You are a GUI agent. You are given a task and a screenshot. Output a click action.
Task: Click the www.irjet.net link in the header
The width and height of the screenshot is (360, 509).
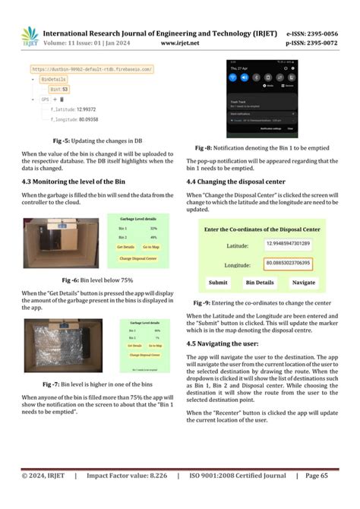[x=180, y=45]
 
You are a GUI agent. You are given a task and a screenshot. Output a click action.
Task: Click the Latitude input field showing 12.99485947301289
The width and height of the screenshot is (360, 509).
[x=288, y=244]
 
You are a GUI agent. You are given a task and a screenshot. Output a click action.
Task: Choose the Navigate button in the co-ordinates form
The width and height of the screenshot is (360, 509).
[x=304, y=283]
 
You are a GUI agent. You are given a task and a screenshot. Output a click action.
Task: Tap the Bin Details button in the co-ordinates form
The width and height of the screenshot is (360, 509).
[x=259, y=283]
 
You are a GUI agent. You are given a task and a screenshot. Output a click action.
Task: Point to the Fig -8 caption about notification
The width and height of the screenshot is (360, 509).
[x=270, y=147]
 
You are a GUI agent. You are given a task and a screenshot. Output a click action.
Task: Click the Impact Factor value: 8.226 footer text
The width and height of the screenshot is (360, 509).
[x=128, y=497]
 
